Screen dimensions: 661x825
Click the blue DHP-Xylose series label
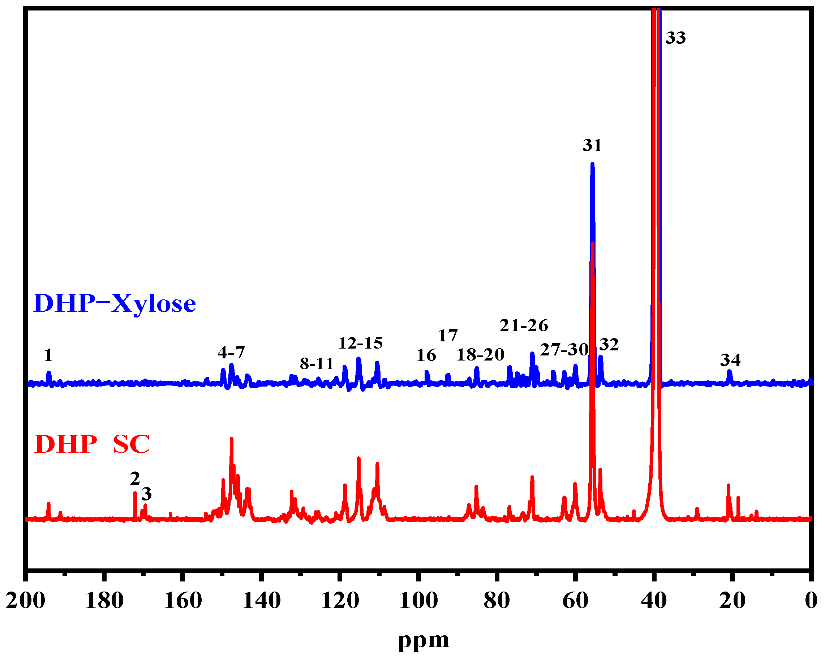tap(115, 304)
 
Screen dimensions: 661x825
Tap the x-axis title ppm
tap(423, 640)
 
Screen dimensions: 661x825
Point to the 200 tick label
tap(25, 600)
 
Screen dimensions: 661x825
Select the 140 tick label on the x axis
tap(262, 600)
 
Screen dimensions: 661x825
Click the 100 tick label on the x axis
tap(418, 600)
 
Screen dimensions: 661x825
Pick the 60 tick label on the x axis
tap(575, 600)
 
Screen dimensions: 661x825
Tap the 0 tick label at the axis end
tap(811, 600)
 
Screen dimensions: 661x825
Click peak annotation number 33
tap(675, 38)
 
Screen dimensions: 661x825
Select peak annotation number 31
tap(592, 145)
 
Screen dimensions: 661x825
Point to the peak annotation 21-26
tap(524, 325)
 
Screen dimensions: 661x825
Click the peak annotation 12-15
tap(360, 343)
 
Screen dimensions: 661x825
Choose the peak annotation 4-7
tap(231, 352)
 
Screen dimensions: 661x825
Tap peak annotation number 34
tap(730, 360)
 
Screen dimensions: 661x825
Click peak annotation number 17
tap(448, 336)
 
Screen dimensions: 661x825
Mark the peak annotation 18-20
tap(480, 355)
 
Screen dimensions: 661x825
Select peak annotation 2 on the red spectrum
tap(135, 479)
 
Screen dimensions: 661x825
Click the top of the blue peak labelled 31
tap(592, 164)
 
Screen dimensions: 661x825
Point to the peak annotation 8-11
tap(317, 363)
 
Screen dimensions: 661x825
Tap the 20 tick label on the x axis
tap(732, 600)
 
